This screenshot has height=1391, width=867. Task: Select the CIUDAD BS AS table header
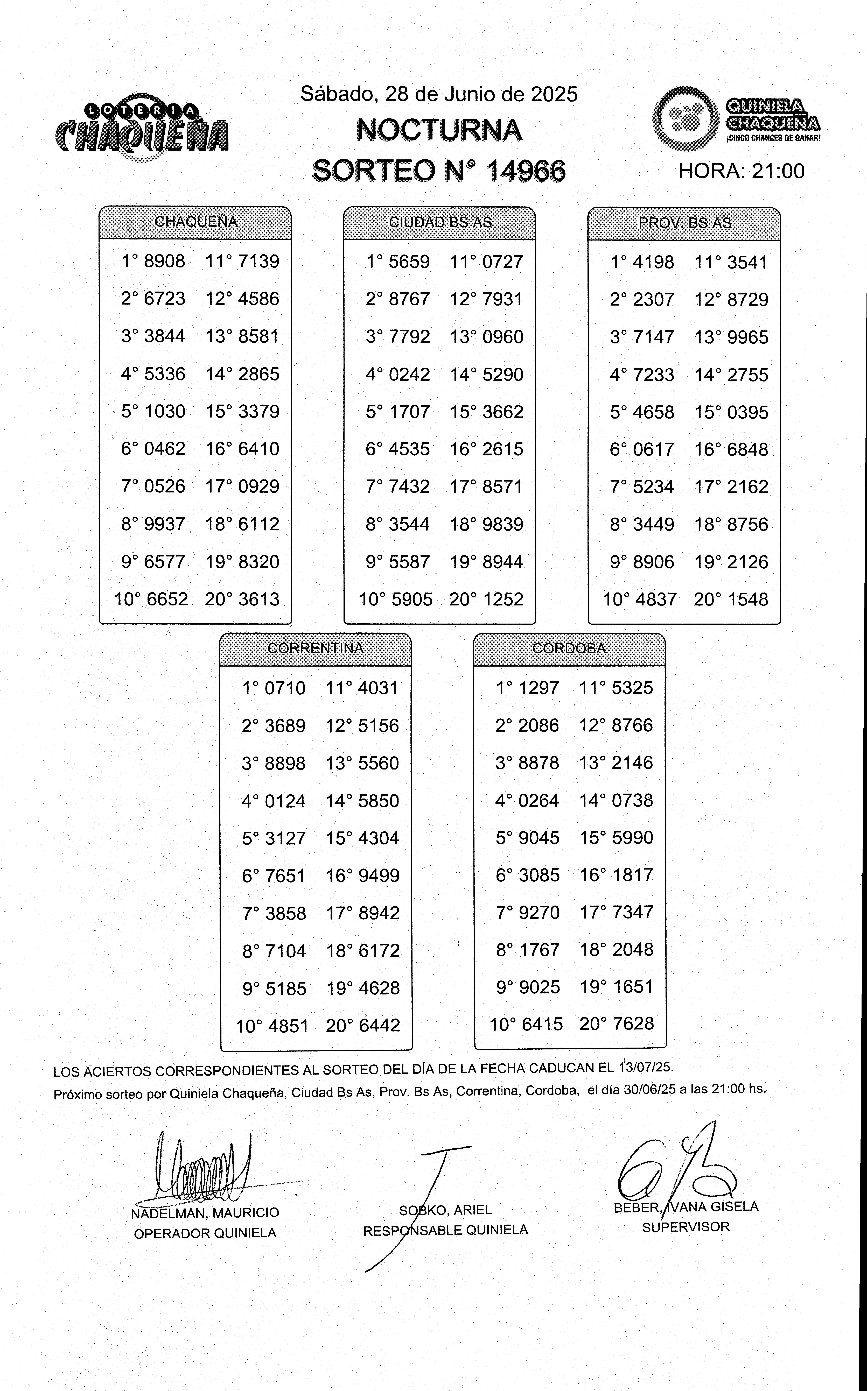440,222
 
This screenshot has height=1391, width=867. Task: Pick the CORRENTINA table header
315,648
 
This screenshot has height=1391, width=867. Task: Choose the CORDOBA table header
569,648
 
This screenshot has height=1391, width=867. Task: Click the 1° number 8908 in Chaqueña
165,261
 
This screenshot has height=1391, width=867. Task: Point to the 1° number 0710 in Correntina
285,688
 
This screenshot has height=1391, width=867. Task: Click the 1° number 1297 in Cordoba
539,688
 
